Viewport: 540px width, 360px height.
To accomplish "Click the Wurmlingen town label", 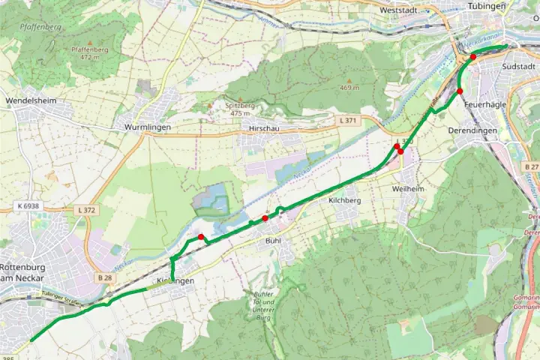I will tap(149, 127).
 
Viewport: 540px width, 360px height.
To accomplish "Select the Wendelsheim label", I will tap(31, 100).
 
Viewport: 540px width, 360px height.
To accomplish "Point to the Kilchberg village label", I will tap(345, 201).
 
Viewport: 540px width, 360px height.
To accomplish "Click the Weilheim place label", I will tap(407, 189).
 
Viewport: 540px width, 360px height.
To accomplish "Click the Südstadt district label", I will tap(519, 66).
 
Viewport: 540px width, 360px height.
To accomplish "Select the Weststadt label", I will tap(398, 11).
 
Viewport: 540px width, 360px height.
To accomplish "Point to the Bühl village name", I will tap(273, 241).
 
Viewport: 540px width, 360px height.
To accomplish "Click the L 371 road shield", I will tap(347, 121).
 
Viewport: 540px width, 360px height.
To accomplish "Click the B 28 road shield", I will tap(104, 277).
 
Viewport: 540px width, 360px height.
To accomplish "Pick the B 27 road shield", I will tap(532, 166).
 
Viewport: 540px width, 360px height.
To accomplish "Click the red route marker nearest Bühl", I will tap(265, 218).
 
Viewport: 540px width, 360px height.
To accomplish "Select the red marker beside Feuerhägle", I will tap(460, 91).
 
